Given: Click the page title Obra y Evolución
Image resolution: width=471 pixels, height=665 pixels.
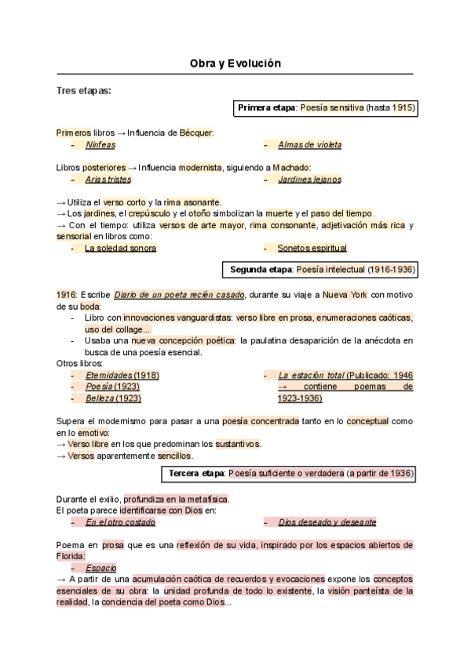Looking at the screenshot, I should coord(235,63).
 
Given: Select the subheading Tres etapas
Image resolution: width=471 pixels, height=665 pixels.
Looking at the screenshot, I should coord(84,91).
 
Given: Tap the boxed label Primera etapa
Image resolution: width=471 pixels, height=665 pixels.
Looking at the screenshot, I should coord(266,107).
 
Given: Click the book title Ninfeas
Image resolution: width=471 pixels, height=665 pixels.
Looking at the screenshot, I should coord(100,145).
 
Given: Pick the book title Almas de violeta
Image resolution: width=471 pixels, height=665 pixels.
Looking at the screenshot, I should coord(309,145).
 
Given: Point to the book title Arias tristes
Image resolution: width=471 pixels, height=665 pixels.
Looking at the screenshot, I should coord(108,180).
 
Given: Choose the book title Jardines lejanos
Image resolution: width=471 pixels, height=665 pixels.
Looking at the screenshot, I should coord(309,180).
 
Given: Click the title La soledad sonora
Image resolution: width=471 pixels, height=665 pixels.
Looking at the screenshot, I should coord(120,248).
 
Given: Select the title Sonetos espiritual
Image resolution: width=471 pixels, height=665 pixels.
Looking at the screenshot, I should coord(312,248).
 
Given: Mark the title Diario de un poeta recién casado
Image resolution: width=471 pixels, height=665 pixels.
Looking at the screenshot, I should coord(179,294).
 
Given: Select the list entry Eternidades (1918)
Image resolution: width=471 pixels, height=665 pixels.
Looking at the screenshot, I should coord(122,375).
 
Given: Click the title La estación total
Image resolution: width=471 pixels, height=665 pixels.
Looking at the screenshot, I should coord(311,375).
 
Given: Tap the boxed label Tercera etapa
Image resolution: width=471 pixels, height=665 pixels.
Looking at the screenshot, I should coord(195,474).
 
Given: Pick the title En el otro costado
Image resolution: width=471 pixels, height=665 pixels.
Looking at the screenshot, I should coord(120,521).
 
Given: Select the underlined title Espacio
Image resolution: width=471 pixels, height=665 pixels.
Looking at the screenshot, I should coord(100,567).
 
